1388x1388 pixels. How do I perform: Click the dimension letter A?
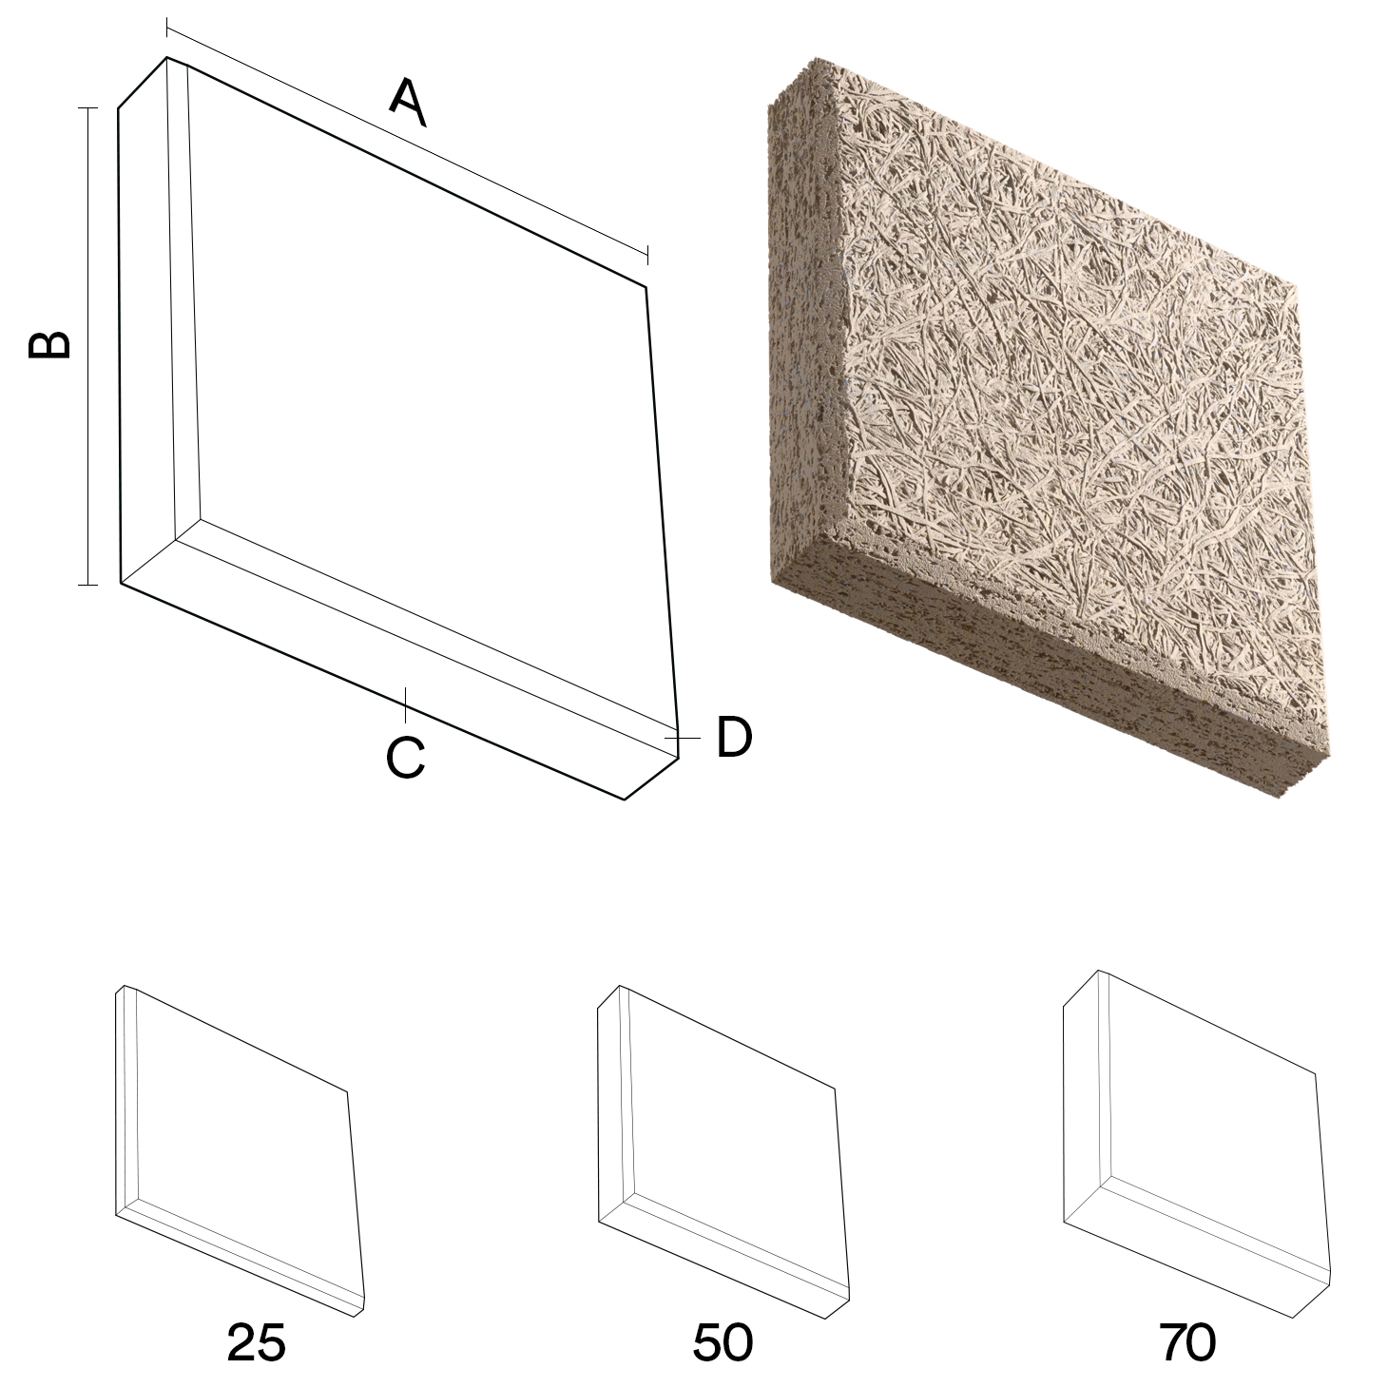point(408,103)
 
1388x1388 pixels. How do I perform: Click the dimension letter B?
point(49,345)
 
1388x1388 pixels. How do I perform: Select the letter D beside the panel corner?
point(734,737)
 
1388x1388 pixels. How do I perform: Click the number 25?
point(257,1341)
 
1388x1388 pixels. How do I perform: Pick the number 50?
point(723,1341)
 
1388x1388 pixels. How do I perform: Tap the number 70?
point(1188,1341)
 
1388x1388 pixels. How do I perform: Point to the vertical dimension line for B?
point(87,346)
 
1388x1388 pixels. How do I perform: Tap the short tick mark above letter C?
point(406,704)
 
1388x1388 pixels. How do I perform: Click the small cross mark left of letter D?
point(682,738)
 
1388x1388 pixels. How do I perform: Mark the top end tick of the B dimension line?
point(87,108)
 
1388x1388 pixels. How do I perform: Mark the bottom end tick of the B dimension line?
point(87,584)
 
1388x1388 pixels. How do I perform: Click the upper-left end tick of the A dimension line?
point(167,29)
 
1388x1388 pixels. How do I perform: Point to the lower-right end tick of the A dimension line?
point(648,255)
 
